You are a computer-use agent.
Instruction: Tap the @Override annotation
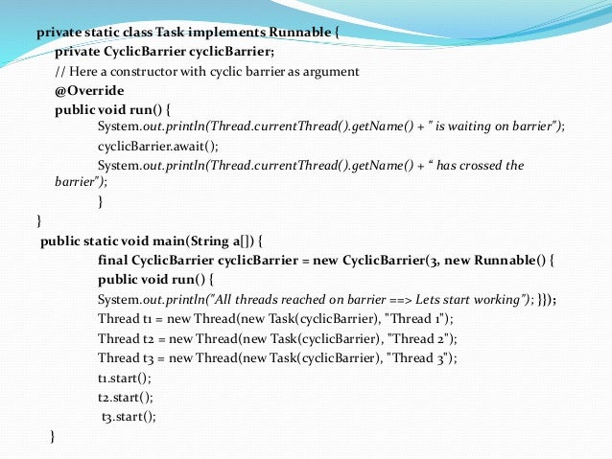tap(89, 90)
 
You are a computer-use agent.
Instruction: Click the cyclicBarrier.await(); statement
tap(158, 146)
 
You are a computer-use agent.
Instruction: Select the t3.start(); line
tap(129, 416)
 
